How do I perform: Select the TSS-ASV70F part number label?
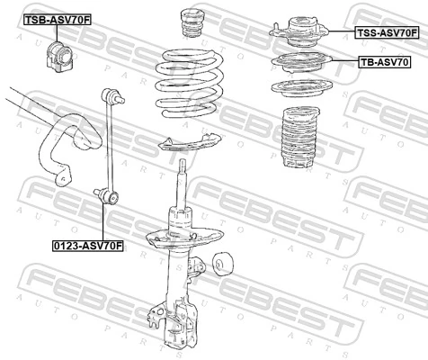coord(386,33)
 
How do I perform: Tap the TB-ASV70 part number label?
coord(385,63)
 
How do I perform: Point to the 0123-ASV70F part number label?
coord(86,244)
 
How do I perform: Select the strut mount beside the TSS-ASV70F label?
coord(299,32)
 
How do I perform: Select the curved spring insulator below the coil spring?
coord(190,141)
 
